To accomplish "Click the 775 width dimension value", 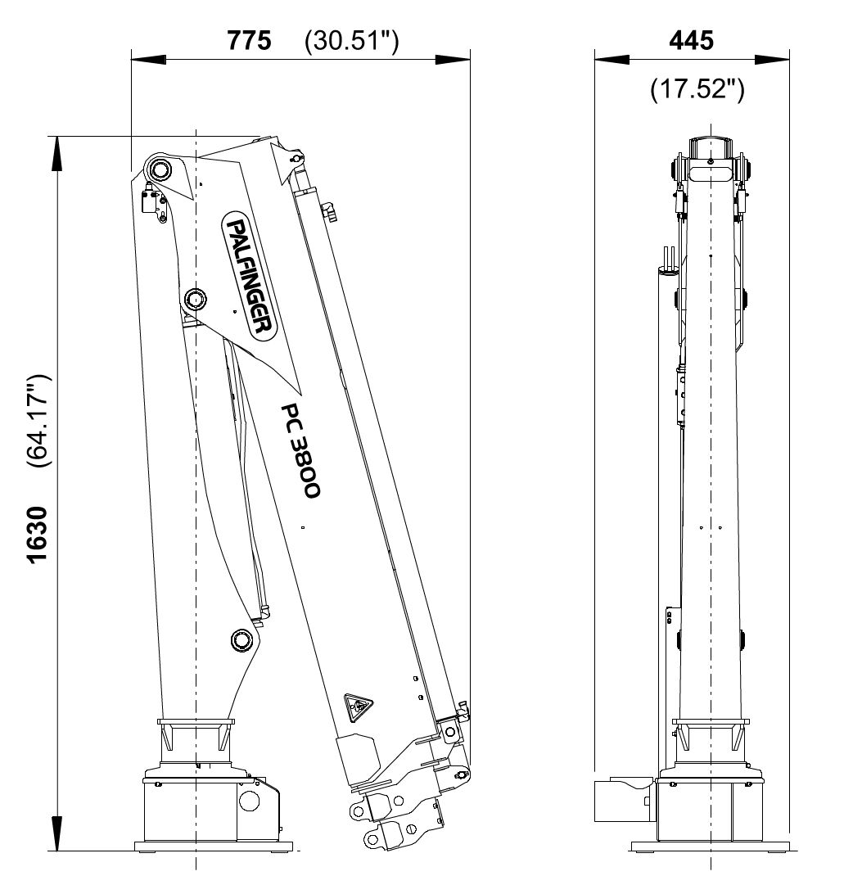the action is [249, 40].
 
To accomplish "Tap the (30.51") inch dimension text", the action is [352, 41].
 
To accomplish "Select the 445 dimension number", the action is [691, 40].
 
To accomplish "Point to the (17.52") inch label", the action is [697, 89].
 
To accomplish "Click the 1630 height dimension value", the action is [38, 535].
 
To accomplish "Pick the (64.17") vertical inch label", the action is [38, 421].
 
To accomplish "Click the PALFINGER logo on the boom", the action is [249, 277].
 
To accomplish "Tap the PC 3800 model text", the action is [300, 450].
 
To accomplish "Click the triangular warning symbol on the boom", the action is [358, 707].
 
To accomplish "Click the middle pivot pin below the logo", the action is [196, 299].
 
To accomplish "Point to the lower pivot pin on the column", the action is [241, 639].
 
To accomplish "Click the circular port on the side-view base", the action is [249, 801].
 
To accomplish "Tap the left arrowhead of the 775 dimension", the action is [149, 59].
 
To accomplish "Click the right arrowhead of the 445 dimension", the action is [772, 59].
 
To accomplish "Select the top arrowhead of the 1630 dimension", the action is [56, 154].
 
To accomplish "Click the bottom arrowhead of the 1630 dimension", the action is [56, 833].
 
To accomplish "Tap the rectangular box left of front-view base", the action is [623, 801].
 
